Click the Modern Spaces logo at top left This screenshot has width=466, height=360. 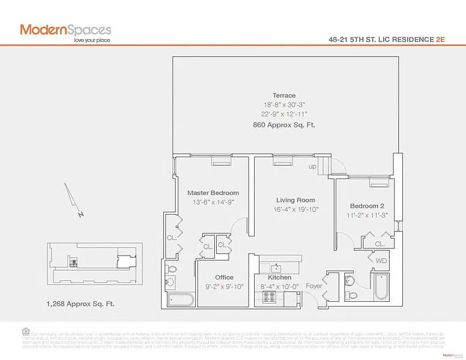tap(65, 31)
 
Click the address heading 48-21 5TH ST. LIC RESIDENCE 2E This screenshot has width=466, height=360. tap(387, 39)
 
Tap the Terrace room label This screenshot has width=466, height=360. tap(283, 95)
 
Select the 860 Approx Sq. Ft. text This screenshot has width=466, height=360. tap(283, 125)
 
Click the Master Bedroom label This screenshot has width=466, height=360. tap(213, 193)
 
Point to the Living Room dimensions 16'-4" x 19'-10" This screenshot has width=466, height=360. tap(295, 210)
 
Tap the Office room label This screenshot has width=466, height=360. tap(224, 277)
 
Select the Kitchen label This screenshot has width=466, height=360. tap(279, 277)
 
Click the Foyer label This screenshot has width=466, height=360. tap(313, 286)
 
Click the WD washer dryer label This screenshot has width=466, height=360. tap(381, 261)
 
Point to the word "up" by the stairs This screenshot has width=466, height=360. tap(312, 166)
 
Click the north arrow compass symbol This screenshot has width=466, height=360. tap(74, 201)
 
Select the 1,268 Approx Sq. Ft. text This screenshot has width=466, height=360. tap(80, 304)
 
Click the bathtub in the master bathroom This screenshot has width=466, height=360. tap(181, 299)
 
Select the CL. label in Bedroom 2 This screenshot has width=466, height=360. tap(380, 244)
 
